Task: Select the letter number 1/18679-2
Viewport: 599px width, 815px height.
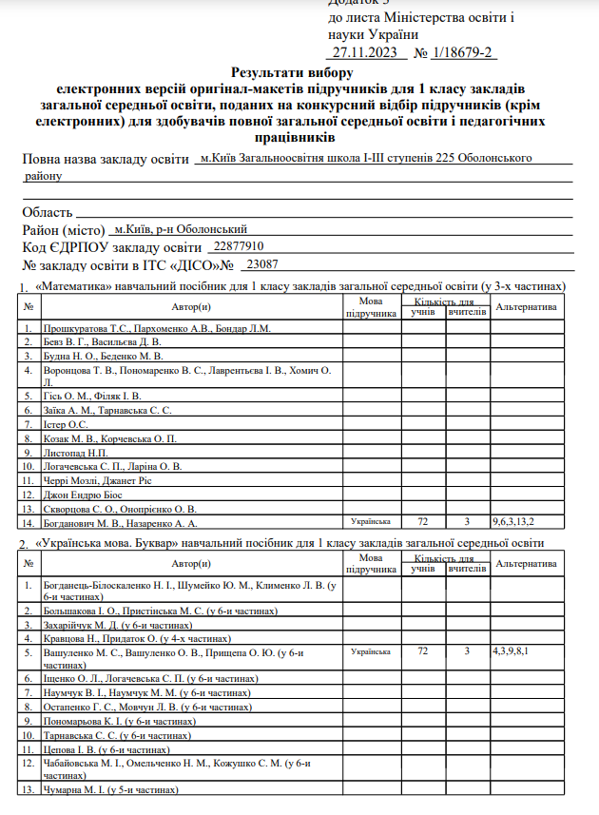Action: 464,53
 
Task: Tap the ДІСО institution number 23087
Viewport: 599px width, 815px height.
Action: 263,264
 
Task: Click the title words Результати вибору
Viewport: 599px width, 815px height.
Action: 291,72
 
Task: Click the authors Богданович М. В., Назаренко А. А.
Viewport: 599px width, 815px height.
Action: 121,522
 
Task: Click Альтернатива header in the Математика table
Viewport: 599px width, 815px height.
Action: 526,306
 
